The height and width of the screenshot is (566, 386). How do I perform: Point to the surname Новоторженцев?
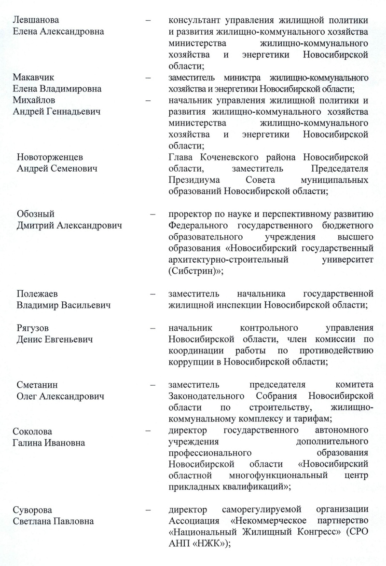[x=50, y=158]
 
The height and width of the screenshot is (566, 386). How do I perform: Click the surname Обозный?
[x=35, y=214]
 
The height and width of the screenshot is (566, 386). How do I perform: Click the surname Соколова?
[x=32, y=431]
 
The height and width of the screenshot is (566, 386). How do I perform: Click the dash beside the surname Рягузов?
[x=152, y=328]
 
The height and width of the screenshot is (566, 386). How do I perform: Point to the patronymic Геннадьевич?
[x=83, y=111]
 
